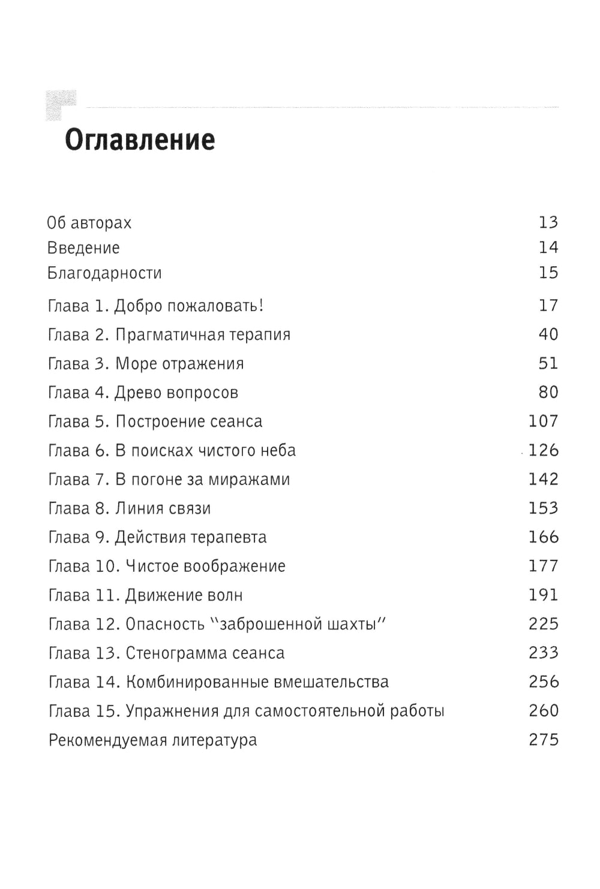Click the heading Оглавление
(139, 140)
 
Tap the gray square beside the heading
(61, 105)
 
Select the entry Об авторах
(89, 223)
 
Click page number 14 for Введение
(548, 248)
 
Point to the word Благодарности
(104, 273)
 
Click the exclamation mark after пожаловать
(260, 306)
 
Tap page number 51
(548, 363)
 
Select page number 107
(544, 421)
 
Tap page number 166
(544, 537)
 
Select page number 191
(544, 595)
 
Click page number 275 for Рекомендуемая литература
(544, 740)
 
